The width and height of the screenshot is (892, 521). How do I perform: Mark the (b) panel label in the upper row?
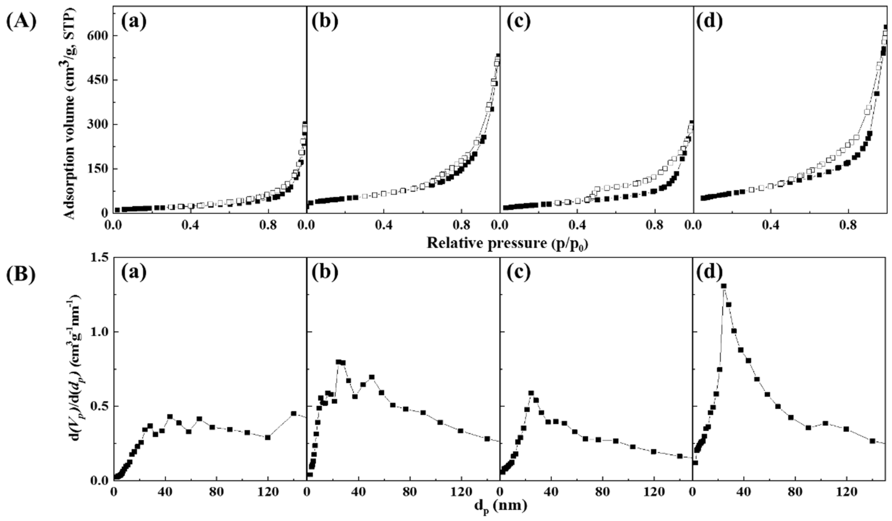pyautogui.click(x=325, y=22)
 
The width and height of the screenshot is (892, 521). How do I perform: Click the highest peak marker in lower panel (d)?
pyautogui.click(x=724, y=286)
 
